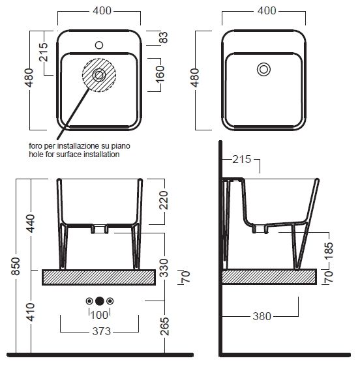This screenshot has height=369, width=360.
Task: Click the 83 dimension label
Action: click(164, 37)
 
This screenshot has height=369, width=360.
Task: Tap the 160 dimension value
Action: click(160, 74)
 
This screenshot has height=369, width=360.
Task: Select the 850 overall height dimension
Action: click(16, 266)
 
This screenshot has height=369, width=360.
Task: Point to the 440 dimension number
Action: click(31, 224)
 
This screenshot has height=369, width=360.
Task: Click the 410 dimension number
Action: click(31, 312)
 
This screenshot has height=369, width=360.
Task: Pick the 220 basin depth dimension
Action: click(164, 200)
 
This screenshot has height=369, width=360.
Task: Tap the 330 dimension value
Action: click(164, 268)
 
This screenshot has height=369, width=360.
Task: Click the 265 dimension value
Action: click(164, 326)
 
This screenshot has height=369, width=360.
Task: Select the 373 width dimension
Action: click(102, 331)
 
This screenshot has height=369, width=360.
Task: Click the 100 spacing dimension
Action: click(99, 315)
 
